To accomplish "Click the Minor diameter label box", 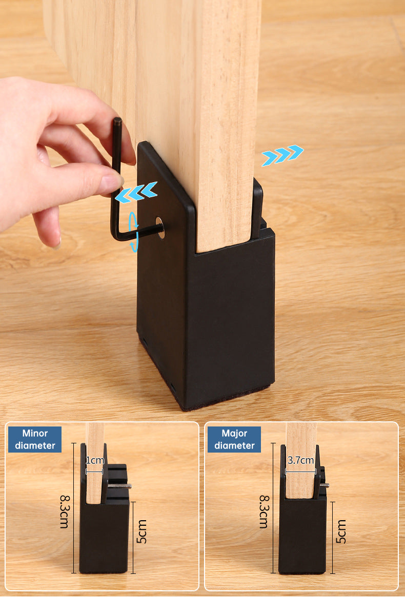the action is (x=35, y=439).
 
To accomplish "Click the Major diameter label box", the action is (x=234, y=439).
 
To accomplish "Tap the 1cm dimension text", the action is (x=94, y=460).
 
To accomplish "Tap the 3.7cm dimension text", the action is (x=300, y=460).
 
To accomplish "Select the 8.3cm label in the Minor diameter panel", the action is (x=65, y=511).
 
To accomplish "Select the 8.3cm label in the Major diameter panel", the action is (x=264, y=511).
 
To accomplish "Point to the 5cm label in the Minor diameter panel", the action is (x=141, y=531).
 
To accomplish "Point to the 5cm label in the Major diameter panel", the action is (x=341, y=531).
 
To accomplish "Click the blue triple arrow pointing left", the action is (x=136, y=192).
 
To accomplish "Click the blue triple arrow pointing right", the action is (x=282, y=156).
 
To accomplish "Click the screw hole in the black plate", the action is (x=160, y=228).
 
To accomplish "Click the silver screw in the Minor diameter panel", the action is (x=119, y=486).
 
